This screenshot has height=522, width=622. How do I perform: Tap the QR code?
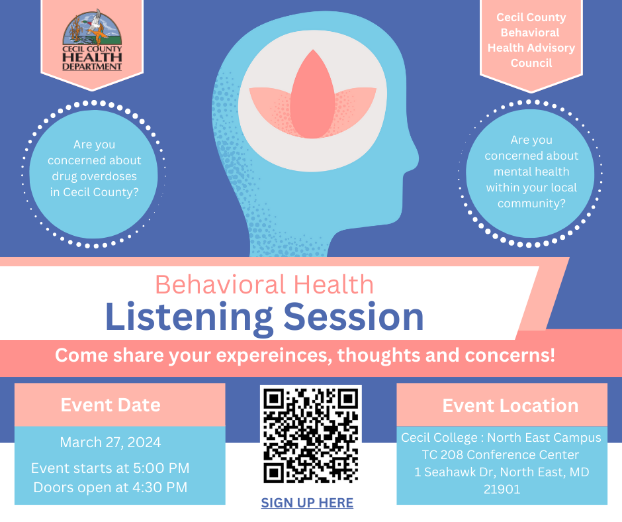click(310, 434)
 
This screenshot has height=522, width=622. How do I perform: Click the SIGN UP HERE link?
click(307, 503)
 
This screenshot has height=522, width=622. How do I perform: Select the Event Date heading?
click(111, 405)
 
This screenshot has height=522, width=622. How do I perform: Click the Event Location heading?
click(510, 405)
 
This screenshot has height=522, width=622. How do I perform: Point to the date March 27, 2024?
click(111, 442)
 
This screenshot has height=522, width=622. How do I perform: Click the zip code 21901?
click(502, 489)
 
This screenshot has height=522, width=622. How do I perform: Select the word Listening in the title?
click(189, 317)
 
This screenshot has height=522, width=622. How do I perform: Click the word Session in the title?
click(354, 317)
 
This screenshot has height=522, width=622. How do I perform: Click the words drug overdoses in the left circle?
click(95, 176)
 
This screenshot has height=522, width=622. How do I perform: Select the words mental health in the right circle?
click(531, 172)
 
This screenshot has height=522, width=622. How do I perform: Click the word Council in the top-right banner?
click(531, 63)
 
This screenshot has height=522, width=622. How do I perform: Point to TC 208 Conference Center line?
click(500, 455)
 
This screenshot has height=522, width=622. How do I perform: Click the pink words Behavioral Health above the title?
click(264, 284)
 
